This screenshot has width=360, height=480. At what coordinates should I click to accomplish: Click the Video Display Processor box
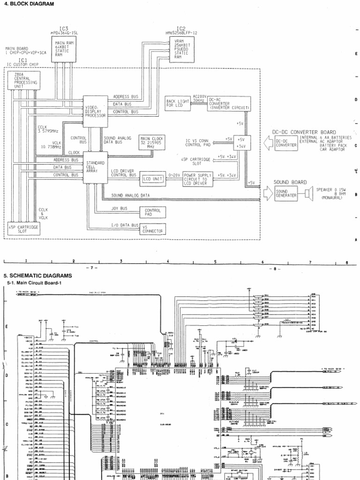coord(95,108)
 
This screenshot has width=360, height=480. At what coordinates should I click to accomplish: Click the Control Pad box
coord(153,213)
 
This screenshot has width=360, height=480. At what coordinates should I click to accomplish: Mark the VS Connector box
coord(153,229)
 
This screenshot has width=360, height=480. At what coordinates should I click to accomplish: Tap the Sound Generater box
coord(286,193)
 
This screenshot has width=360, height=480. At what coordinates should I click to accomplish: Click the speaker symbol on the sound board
coord(308,193)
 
